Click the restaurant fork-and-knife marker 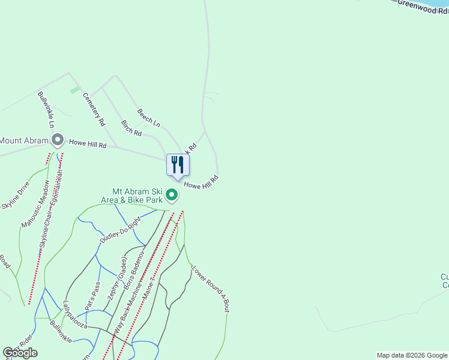point(178,164)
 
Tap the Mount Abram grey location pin point(58,140)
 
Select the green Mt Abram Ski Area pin point(172,194)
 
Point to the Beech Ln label point(148,118)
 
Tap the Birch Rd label point(131,128)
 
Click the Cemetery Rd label point(94,109)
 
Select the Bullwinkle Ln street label point(46,109)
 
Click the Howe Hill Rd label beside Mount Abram point(88,144)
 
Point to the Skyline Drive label point(16,196)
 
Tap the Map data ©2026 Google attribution point(412,355)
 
